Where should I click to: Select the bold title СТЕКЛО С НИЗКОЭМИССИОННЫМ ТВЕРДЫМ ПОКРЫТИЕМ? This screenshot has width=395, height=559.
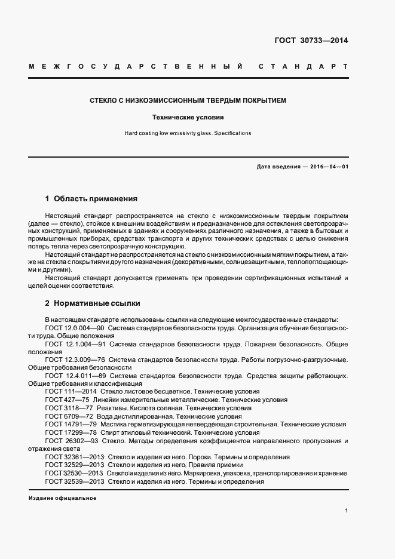click(187, 100)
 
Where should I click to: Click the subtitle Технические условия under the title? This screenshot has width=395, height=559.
click(187, 118)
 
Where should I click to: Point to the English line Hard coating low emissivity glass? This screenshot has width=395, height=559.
click(187, 133)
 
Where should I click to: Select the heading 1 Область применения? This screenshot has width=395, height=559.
click(91, 198)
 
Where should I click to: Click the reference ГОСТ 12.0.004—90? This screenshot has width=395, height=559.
click(75, 328)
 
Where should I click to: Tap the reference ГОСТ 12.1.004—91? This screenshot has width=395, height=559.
click(75, 345)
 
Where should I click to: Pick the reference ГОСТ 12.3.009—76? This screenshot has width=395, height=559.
click(75, 360)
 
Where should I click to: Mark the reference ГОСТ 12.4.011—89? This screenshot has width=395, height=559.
click(75, 376)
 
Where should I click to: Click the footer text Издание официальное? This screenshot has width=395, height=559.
click(62, 498)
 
